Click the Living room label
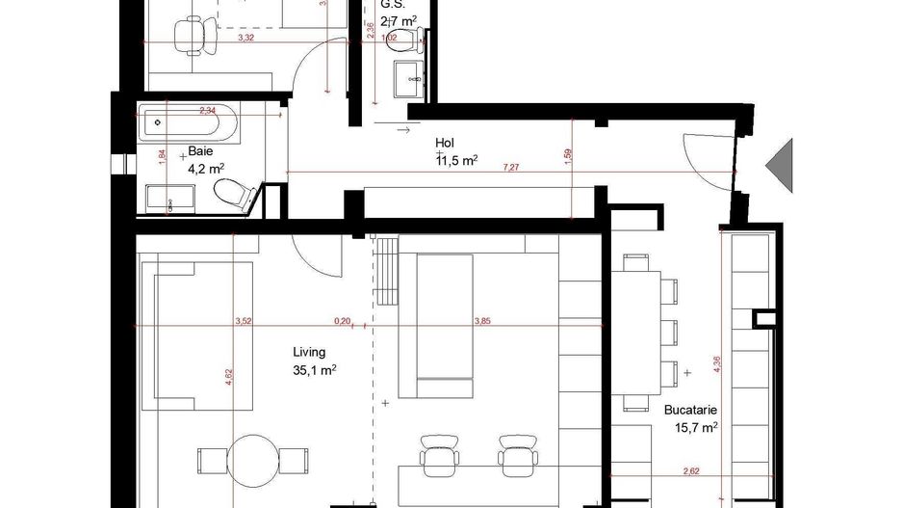click(309, 353)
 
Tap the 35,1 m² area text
click(314, 369)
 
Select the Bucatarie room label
click(690, 409)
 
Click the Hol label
click(445, 141)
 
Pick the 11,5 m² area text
click(457, 161)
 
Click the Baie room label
click(200, 151)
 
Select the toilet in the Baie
click(231, 192)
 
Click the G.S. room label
click(392, 3)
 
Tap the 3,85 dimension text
click(482, 322)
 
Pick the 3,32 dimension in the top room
click(245, 39)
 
